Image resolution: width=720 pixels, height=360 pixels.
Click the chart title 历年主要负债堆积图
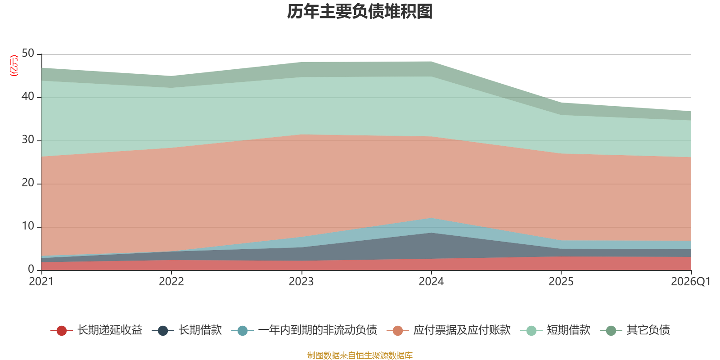tap(360, 12)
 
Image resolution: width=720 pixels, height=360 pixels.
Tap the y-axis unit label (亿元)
tap(14, 66)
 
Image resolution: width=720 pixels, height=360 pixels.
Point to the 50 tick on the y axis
tap(28, 54)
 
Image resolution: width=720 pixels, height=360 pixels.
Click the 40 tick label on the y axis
tap(28, 96)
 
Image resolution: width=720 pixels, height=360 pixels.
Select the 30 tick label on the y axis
tap(28, 140)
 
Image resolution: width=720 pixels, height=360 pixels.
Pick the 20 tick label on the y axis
tap(28, 183)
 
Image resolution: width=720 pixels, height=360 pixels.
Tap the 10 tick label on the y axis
tap(28, 226)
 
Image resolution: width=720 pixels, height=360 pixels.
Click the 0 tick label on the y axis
tap(31, 269)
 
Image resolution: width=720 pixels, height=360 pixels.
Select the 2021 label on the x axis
tap(41, 282)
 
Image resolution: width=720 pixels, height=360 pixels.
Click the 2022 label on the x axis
tap(171, 282)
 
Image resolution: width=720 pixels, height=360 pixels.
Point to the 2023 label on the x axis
tap(301, 282)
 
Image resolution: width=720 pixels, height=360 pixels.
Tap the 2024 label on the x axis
tap(431, 282)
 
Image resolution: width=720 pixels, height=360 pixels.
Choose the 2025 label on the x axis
tap(561, 282)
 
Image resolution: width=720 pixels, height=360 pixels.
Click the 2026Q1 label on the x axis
tap(691, 282)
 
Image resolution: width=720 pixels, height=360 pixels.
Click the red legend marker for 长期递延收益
tap(61, 330)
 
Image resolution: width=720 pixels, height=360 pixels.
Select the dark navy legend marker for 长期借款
tap(163, 330)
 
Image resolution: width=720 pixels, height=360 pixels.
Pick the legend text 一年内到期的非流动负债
tap(318, 330)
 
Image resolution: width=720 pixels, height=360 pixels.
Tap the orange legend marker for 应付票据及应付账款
tap(398, 330)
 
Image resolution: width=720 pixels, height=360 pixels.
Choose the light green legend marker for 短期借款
tap(531, 330)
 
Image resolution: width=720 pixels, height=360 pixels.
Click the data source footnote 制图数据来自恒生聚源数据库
tap(360, 355)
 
